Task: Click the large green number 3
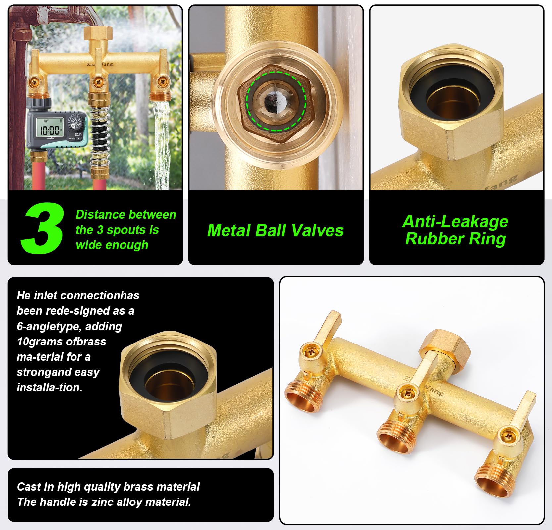(x=42, y=228)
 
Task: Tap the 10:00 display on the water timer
(x=50, y=130)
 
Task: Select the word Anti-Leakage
(x=455, y=222)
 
